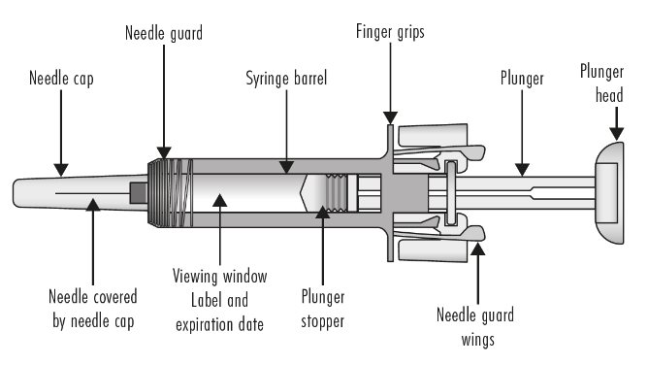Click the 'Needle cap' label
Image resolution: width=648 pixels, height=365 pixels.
tap(61, 79)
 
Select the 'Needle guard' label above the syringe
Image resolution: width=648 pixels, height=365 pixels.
tap(164, 33)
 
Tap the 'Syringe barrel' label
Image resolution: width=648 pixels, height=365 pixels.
tap(286, 78)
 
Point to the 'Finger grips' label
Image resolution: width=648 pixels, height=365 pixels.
tap(390, 32)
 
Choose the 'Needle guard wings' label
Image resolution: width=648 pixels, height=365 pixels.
tap(475, 327)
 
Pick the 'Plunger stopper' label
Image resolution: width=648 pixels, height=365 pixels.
tap(323, 309)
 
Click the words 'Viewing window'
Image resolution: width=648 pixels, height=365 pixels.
tap(220, 276)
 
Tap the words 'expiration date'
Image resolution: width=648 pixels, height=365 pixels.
tap(220, 324)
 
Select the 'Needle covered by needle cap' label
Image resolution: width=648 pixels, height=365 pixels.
tap(93, 309)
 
